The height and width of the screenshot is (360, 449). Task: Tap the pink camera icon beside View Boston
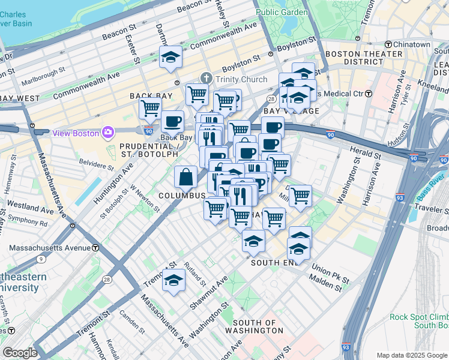pyautogui.click(x=108, y=132)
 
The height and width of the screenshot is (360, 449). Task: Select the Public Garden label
pyautogui.click(x=282, y=11)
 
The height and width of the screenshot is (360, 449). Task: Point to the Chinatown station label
pyautogui.click(x=411, y=44)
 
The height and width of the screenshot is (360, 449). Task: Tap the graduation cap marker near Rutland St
pyautogui.click(x=174, y=280)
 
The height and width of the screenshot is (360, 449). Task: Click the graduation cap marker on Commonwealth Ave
pyautogui.click(x=171, y=58)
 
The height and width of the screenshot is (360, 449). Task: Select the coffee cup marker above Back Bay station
pyautogui.click(x=173, y=121)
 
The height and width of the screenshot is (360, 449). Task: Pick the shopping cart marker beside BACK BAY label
pyautogui.click(x=150, y=108)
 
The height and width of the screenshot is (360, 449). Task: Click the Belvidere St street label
pyautogui.click(x=97, y=164)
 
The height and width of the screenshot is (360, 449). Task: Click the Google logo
pyautogui.click(x=20, y=353)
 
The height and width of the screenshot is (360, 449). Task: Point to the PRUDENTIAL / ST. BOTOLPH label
pyautogui.click(x=149, y=150)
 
